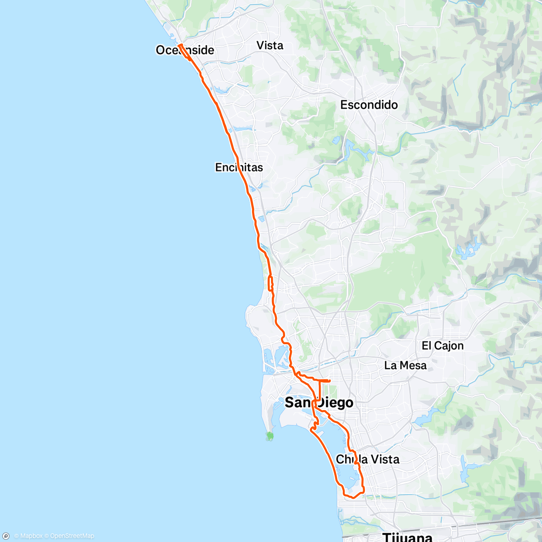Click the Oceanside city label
click(185, 50)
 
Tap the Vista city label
click(270, 46)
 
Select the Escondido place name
click(369, 105)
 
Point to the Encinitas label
click(239, 168)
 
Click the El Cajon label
click(443, 346)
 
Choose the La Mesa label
click(405, 365)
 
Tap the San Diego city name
click(319, 402)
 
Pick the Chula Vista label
click(368, 459)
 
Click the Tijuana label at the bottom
click(407, 537)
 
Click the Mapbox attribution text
click(28, 536)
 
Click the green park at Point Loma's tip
click(270, 436)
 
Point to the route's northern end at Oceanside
click(179, 45)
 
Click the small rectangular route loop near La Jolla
click(271, 283)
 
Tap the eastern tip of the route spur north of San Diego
click(330, 381)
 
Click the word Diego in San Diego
click(335, 402)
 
